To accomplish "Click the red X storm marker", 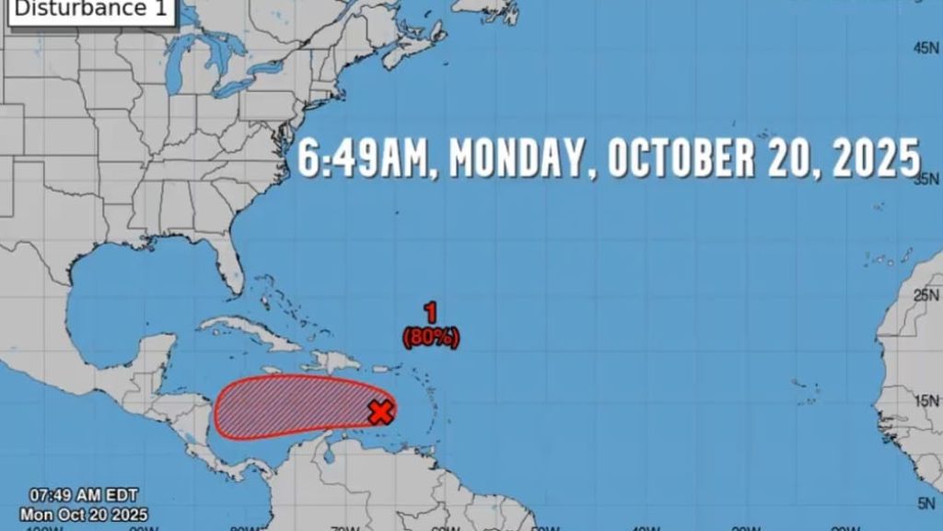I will point(380,412).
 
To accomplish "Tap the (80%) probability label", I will point(431,338).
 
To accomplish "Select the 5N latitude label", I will point(926,503).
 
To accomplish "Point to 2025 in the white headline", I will point(876,159).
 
